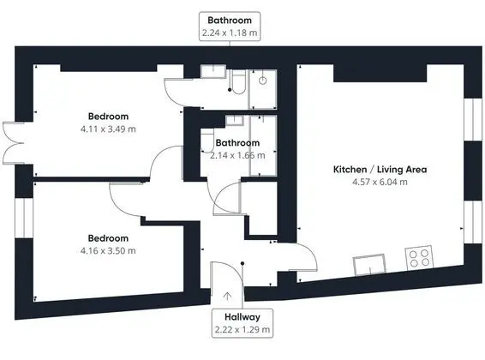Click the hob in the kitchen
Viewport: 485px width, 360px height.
point(419,258)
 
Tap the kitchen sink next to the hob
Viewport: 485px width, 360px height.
point(370,265)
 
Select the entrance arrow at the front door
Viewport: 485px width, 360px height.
point(227,296)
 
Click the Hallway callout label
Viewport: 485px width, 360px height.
point(242,317)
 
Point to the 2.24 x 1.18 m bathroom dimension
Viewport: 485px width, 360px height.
point(230,33)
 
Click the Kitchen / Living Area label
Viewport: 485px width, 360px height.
point(380,170)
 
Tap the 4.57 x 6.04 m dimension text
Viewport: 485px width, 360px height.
point(380,182)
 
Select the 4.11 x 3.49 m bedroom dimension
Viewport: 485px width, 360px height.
point(108,129)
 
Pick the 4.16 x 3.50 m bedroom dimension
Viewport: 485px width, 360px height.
point(108,250)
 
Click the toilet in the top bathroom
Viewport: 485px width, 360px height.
point(238,81)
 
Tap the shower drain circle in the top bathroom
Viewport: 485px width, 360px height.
point(262,81)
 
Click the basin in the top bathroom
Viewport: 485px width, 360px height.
point(213,71)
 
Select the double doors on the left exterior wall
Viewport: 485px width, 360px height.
point(13,143)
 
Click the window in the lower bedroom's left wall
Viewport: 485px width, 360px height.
point(24,218)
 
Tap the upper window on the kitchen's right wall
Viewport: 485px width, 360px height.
point(473,120)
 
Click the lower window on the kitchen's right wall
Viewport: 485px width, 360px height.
point(473,222)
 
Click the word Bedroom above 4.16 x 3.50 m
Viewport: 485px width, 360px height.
point(108,238)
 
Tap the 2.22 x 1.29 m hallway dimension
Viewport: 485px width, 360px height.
point(242,329)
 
